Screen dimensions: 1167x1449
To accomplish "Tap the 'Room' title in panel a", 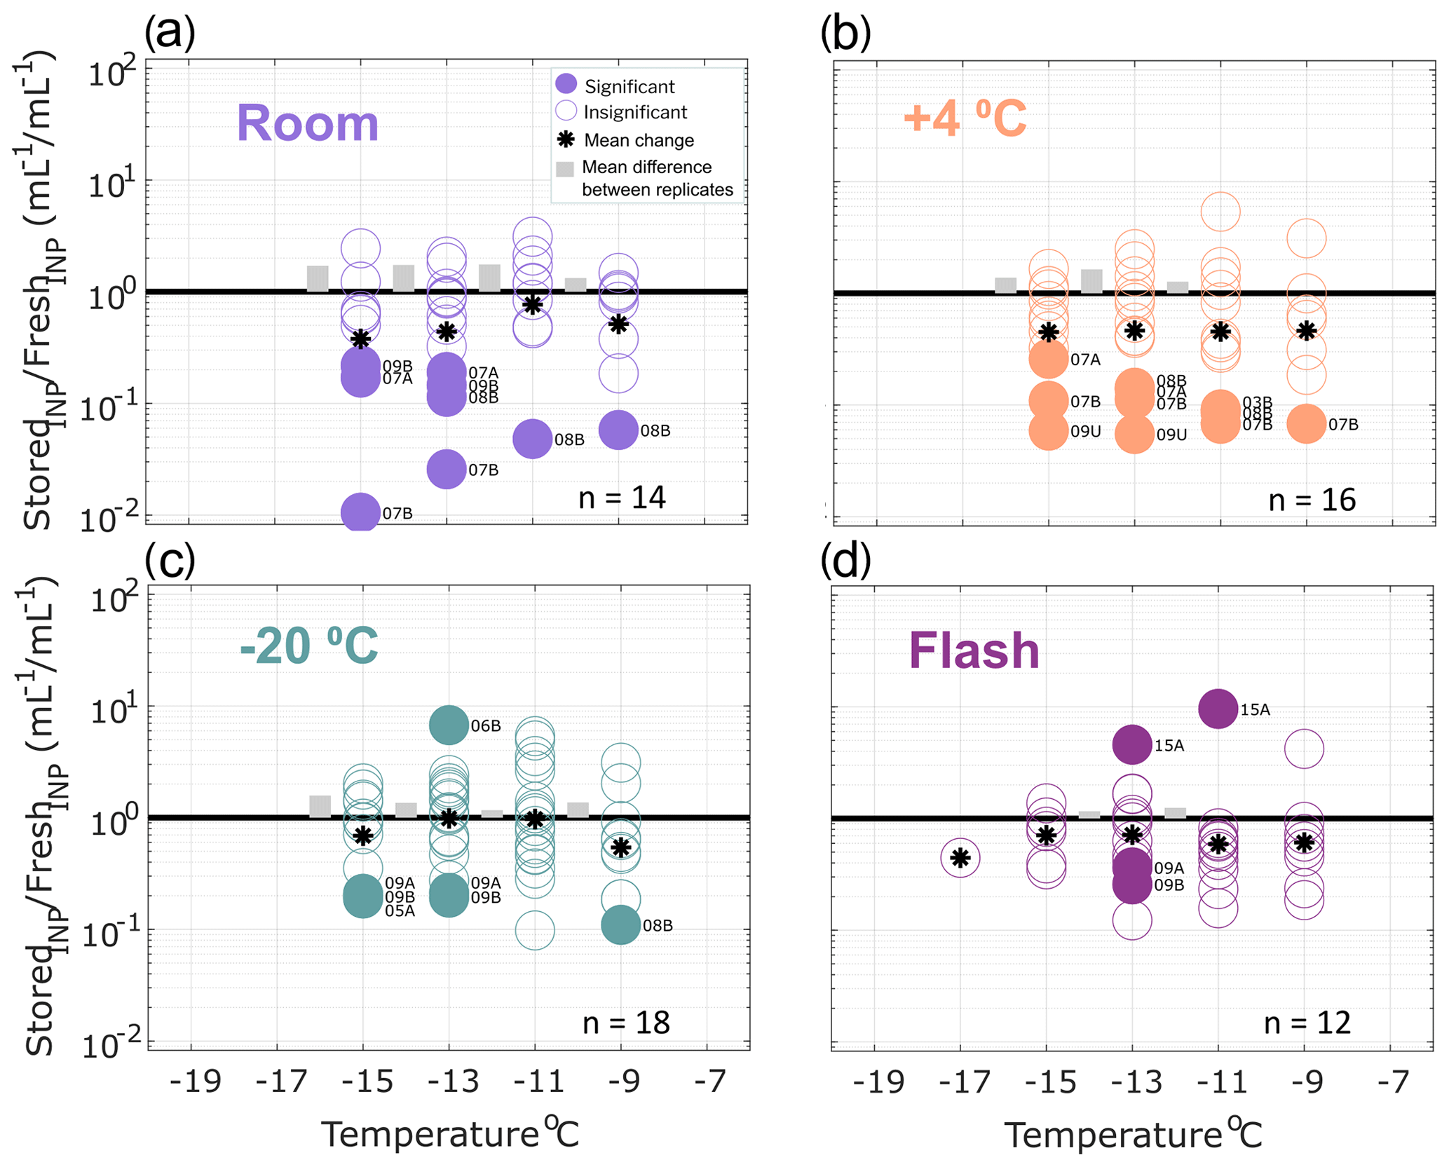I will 307,123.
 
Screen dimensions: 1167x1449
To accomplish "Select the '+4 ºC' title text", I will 965,118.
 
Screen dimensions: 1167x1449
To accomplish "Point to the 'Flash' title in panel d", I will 974,650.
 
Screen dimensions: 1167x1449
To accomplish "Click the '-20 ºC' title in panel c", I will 308,646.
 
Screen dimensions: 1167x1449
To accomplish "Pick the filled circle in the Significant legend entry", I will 566,84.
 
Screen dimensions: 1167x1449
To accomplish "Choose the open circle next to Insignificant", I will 566,111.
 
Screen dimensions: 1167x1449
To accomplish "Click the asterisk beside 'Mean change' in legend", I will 566,139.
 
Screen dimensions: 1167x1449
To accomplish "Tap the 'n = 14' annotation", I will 622,497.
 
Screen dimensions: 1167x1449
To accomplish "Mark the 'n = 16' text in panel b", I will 1312,500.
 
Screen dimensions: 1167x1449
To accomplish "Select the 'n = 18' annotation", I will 626,1023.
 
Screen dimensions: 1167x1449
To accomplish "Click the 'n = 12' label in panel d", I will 1307,1023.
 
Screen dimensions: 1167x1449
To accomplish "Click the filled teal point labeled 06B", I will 449,725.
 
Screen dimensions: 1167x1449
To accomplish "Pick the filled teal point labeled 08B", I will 621,924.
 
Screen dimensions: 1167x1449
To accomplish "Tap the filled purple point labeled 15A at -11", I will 1218,709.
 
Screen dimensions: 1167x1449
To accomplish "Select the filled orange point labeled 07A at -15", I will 1049,359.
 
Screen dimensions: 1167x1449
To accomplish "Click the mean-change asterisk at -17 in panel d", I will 960,857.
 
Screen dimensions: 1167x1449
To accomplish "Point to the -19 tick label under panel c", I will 195,1081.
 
